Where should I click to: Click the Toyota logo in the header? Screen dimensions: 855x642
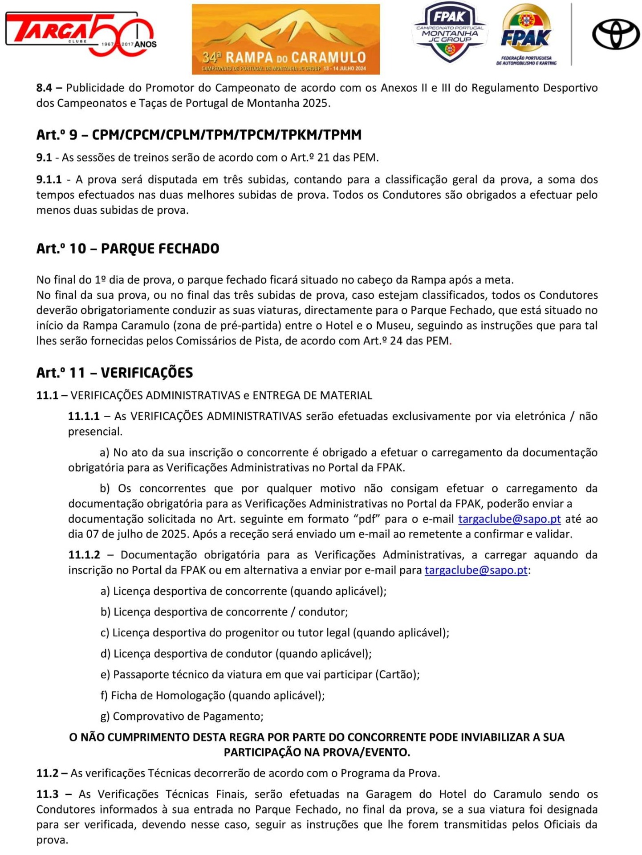pyautogui.click(x=616, y=34)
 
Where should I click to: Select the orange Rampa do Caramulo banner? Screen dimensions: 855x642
pyautogui.click(x=285, y=39)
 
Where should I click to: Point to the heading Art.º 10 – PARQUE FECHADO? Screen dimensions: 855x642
pyautogui.click(x=128, y=248)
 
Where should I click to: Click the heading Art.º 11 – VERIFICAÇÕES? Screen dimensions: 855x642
pyautogui.click(x=115, y=372)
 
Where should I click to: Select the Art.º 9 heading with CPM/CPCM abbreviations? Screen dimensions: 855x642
pyautogui.click(x=199, y=134)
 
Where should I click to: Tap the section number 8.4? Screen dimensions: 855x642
pyautogui.click(x=44, y=88)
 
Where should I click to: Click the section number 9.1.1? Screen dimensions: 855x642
pyautogui.click(x=49, y=179)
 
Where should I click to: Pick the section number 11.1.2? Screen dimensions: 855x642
pyautogui.click(x=84, y=555)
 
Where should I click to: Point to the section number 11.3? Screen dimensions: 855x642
pyautogui.click(x=48, y=794)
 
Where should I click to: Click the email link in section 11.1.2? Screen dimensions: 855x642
pyautogui.click(x=476, y=570)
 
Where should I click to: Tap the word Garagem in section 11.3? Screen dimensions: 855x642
pyautogui.click(x=389, y=794)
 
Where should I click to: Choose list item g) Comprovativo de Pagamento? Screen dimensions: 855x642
pyautogui.click(x=182, y=716)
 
